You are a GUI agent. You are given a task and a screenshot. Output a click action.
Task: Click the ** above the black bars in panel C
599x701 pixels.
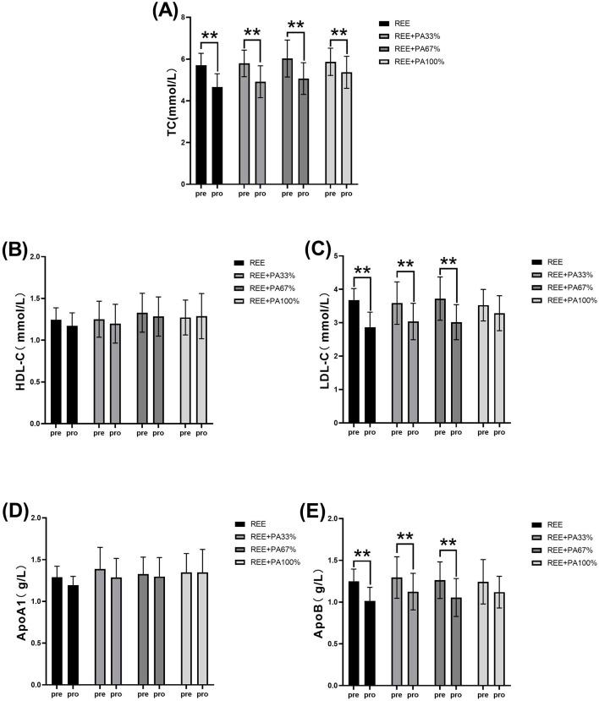[363, 271]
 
